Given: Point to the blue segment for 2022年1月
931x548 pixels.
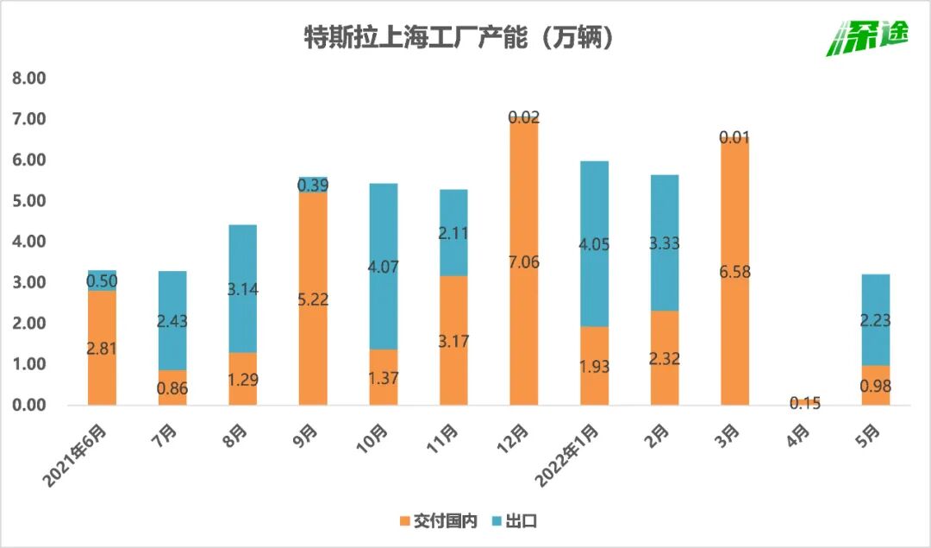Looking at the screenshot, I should click(x=595, y=243).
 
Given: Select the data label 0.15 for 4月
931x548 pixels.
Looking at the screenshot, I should click(x=805, y=402).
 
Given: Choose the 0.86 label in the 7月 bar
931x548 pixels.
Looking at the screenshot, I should click(x=172, y=388).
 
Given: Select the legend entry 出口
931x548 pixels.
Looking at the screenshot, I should click(x=515, y=520).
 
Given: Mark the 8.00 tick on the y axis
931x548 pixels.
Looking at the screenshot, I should click(x=28, y=79).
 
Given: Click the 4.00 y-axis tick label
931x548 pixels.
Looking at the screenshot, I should click(x=28, y=242).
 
